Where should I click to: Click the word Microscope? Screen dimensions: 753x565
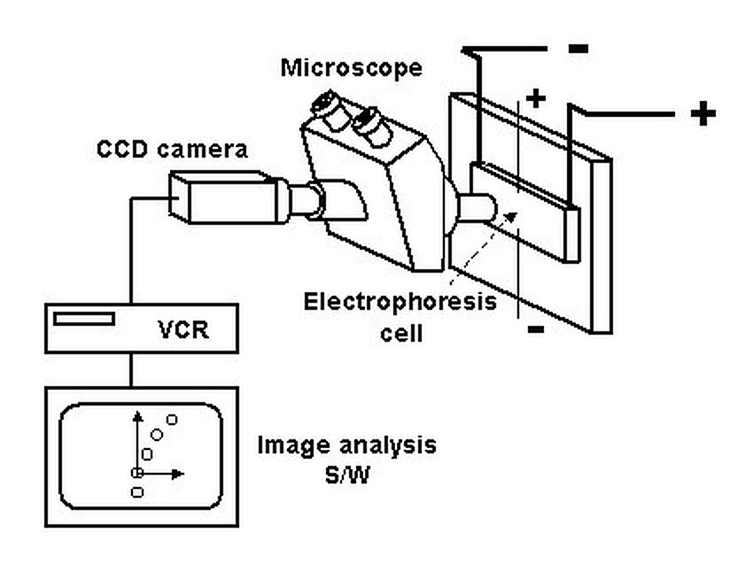coord(351,68)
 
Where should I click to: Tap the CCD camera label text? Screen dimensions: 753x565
coord(173,150)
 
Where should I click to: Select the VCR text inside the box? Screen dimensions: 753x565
coord(183,329)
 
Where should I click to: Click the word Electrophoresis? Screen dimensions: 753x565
coord(400,302)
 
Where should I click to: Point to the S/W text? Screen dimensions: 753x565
coord(347,476)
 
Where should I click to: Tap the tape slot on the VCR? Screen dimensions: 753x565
coord(84,319)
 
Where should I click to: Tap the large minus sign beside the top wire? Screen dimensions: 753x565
coord(578,48)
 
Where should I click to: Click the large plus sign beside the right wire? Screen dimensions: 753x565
coord(703,113)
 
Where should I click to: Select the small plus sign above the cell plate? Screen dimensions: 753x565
coord(536,99)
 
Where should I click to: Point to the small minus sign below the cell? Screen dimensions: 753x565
coord(536,329)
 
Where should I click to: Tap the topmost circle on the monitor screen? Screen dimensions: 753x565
coord(172,420)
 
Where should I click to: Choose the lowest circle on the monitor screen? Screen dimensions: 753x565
coord(137,492)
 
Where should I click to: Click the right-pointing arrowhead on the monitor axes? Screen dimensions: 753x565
coord(178,474)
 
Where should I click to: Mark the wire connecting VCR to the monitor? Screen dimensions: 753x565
coord(132,370)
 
